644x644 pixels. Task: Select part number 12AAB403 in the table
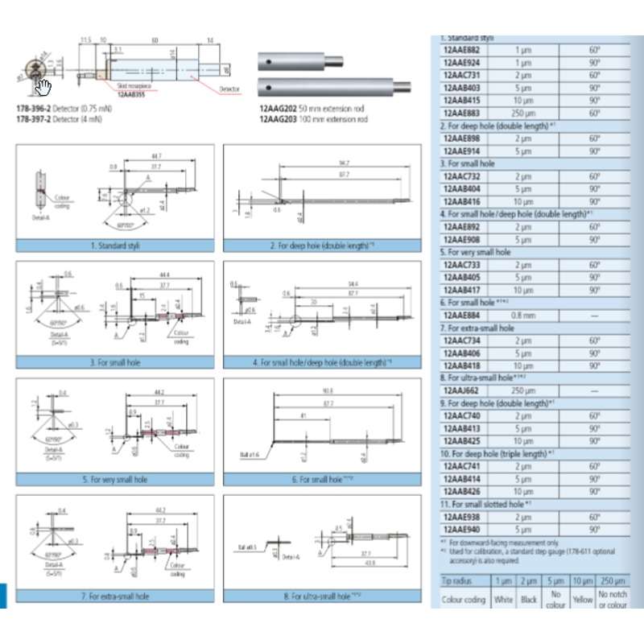460,87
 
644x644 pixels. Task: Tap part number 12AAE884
460,316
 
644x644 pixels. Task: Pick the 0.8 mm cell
524,316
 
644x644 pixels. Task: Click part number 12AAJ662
460,390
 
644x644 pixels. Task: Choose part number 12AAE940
460,530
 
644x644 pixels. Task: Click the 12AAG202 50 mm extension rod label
312,108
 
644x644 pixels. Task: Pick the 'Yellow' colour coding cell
582,599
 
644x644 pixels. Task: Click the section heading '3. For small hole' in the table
467,163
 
